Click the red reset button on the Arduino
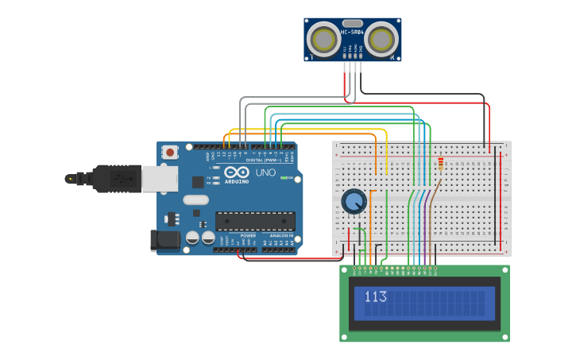169,152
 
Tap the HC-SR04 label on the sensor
352,33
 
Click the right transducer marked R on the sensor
381,38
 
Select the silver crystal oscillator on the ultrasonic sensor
353,24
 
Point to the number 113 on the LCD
375,297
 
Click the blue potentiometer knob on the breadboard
354,201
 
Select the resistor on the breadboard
441,164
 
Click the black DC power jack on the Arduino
164,239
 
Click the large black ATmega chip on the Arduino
255,221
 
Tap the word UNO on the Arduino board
265,172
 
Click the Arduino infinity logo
236,172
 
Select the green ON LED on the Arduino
285,177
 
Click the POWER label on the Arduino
248,236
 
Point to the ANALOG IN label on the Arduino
280,236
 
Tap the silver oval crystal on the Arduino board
195,199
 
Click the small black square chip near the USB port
197,182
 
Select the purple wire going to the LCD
425,230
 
